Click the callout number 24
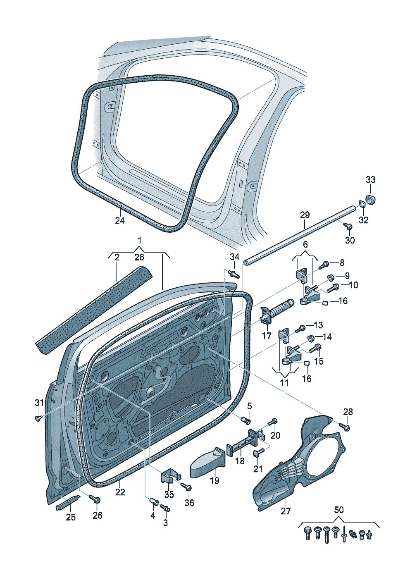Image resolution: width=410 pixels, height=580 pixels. [x=119, y=220]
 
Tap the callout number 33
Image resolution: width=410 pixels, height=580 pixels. [x=370, y=179]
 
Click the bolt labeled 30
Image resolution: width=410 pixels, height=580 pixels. [x=348, y=226]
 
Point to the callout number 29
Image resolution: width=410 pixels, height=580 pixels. [x=305, y=215]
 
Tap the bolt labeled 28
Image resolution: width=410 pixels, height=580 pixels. [x=345, y=427]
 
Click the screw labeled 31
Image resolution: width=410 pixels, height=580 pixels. [x=38, y=418]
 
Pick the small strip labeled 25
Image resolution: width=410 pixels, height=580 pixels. [x=69, y=501]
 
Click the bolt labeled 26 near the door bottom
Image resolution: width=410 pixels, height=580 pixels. [x=95, y=499]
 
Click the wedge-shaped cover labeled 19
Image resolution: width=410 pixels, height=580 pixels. [x=207, y=463]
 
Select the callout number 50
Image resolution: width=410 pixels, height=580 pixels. [x=338, y=510]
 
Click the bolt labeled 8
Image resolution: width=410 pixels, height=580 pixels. [x=324, y=263]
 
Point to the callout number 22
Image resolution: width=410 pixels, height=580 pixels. [x=120, y=492]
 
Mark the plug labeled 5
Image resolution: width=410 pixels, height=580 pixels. [x=246, y=420]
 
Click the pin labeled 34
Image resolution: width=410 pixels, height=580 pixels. [x=234, y=273]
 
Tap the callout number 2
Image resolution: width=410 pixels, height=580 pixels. [x=117, y=258]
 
